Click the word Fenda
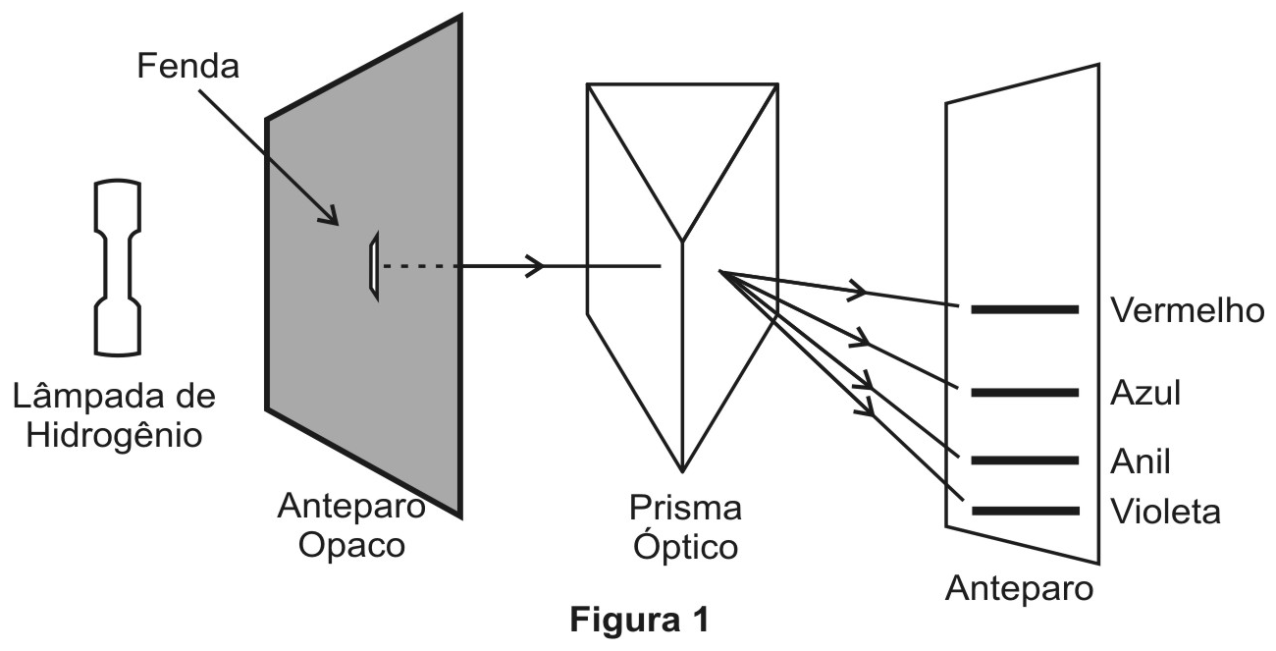pyautogui.click(x=188, y=66)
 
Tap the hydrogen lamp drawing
pyautogui.click(x=118, y=268)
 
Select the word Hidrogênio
pyautogui.click(x=115, y=437)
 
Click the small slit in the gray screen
pyautogui.click(x=374, y=266)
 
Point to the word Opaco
pyautogui.click(x=351, y=547)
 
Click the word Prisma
pyautogui.click(x=685, y=508)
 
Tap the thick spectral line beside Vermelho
pyautogui.click(x=1025, y=309)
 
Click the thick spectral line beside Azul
pyautogui.click(x=1025, y=393)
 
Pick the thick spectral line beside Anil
pyautogui.click(x=1025, y=461)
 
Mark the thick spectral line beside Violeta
pyautogui.click(x=1025, y=511)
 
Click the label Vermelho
pyautogui.click(x=1187, y=311)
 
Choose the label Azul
pyautogui.click(x=1145, y=393)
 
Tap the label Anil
pyautogui.click(x=1141, y=461)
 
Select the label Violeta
pyautogui.click(x=1166, y=512)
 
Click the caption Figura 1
pyautogui.click(x=640, y=620)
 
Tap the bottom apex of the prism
pyautogui.click(x=682, y=472)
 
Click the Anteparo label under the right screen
pyautogui.click(x=1019, y=589)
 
